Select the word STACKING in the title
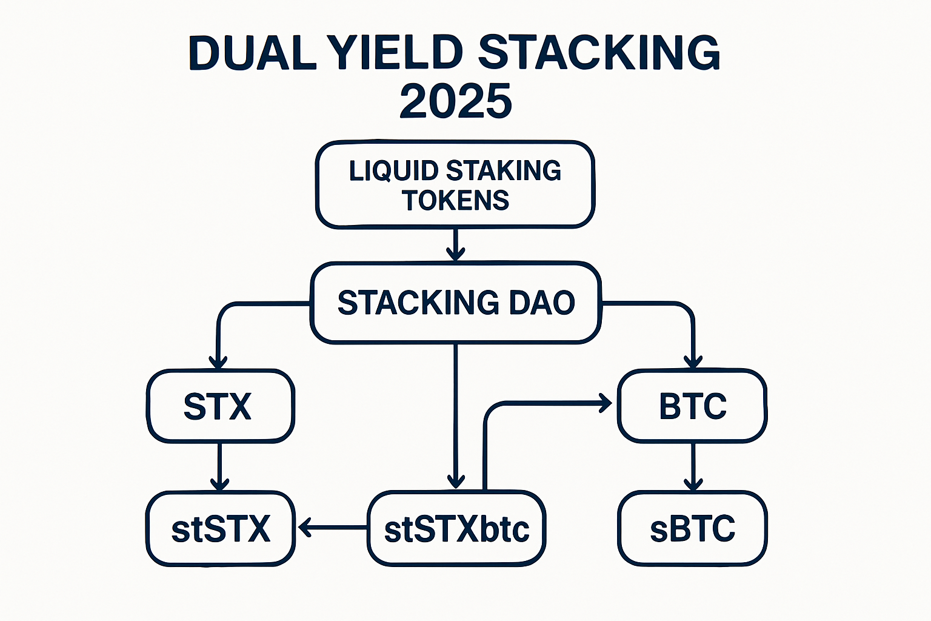click(x=599, y=53)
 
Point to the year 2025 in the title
click(x=456, y=101)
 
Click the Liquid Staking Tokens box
click(x=455, y=185)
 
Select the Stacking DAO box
click(x=455, y=303)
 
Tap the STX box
click(x=219, y=406)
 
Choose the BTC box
click(x=692, y=406)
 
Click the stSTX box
click(x=221, y=529)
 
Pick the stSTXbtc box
click(x=456, y=529)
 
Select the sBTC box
click(x=692, y=529)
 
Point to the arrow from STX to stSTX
click(x=219, y=466)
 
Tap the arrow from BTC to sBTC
click(x=693, y=466)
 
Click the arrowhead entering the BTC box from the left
click(x=606, y=403)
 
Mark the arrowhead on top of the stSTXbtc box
click(x=456, y=482)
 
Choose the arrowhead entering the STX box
click(x=218, y=362)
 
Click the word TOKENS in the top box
click(x=455, y=201)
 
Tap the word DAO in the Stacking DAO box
click(x=541, y=303)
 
